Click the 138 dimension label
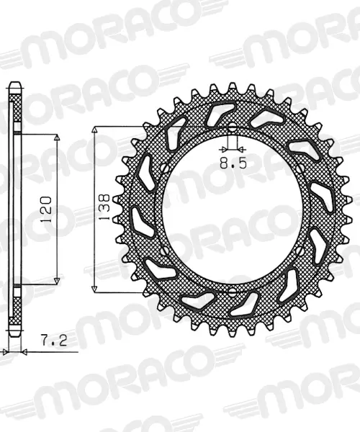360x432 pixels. (x=104, y=207)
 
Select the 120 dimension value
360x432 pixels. (x=46, y=209)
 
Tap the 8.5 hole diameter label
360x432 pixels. (x=233, y=164)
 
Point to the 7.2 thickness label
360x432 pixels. (x=54, y=340)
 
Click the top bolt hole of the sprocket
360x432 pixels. (x=233, y=127)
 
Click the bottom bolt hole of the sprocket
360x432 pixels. (x=233, y=292)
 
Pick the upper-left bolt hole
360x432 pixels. (x=165, y=168)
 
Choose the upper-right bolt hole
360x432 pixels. (x=300, y=168)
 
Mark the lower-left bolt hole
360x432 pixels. (x=165, y=251)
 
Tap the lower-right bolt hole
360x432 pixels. (x=300, y=251)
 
